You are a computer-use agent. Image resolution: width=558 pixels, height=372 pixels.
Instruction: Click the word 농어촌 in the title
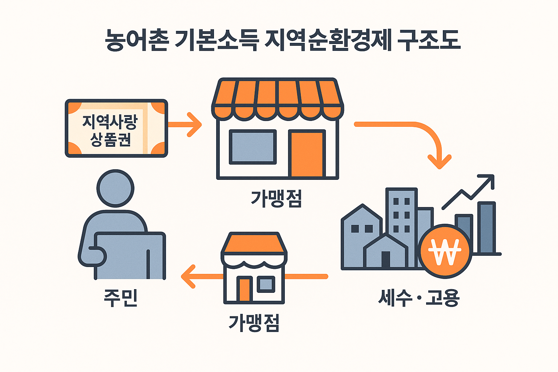tap(137, 40)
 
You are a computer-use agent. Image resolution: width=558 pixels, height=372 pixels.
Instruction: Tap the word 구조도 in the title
tap(429, 40)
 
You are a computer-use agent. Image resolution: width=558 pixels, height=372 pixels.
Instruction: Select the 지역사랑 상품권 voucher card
tap(116, 128)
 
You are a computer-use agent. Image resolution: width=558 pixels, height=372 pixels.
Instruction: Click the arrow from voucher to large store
tap(185, 125)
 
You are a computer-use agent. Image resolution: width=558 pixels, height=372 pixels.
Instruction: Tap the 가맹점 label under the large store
tap(276, 199)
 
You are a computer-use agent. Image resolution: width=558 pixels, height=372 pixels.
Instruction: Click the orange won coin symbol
tap(445, 251)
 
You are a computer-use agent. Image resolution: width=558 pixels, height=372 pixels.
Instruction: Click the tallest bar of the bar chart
tap(486, 227)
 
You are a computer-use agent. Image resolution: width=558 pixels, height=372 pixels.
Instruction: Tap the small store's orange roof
tap(254, 243)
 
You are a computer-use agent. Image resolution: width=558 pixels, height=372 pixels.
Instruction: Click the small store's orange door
tap(244, 290)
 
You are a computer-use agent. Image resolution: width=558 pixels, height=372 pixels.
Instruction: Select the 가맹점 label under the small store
tap(254, 323)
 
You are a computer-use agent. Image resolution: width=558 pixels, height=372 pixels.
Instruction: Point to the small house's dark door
tap(386, 259)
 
